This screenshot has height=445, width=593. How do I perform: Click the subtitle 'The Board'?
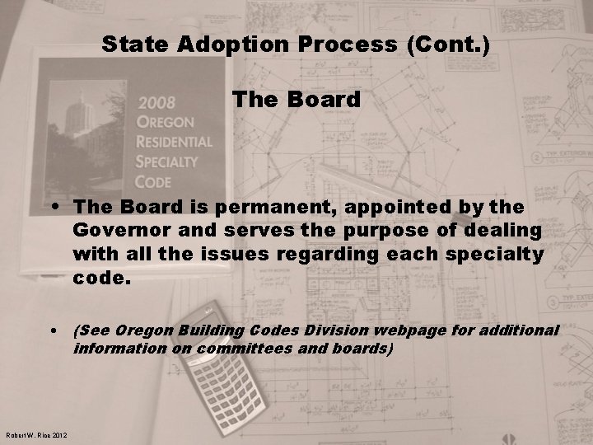point(296,100)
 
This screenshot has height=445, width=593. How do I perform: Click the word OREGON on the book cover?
point(169,123)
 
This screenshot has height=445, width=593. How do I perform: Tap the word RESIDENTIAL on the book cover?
point(175,141)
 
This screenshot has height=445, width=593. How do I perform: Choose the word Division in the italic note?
point(333,330)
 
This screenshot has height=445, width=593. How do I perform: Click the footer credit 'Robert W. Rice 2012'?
point(36,436)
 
